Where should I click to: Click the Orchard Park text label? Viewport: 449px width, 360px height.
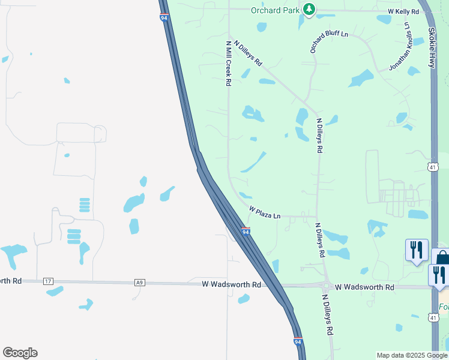pyautogui.click(x=274, y=10)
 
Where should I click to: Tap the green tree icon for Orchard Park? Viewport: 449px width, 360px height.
pyautogui.click(x=309, y=10)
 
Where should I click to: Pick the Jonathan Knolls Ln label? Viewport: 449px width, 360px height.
pyautogui.click(x=400, y=47)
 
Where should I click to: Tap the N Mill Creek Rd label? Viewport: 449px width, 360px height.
pyautogui.click(x=228, y=64)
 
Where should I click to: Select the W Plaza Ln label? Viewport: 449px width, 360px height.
pyautogui.click(x=265, y=212)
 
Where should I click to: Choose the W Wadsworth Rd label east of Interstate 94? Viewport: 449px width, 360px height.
pyautogui.click(x=364, y=288)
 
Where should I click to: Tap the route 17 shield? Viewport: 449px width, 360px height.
pyautogui.click(x=49, y=281)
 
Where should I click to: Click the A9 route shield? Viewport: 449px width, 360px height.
pyautogui.click(x=140, y=283)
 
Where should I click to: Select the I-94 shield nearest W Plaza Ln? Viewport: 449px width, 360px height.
pyautogui.click(x=245, y=231)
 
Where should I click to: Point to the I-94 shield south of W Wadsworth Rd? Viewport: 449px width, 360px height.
pyautogui.click(x=298, y=341)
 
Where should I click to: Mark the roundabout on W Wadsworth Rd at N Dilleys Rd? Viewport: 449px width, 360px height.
pyautogui.click(x=326, y=287)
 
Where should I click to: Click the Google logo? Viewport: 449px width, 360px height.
pyautogui.click(x=20, y=353)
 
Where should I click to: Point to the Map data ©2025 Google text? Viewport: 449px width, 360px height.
pyautogui.click(x=411, y=355)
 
